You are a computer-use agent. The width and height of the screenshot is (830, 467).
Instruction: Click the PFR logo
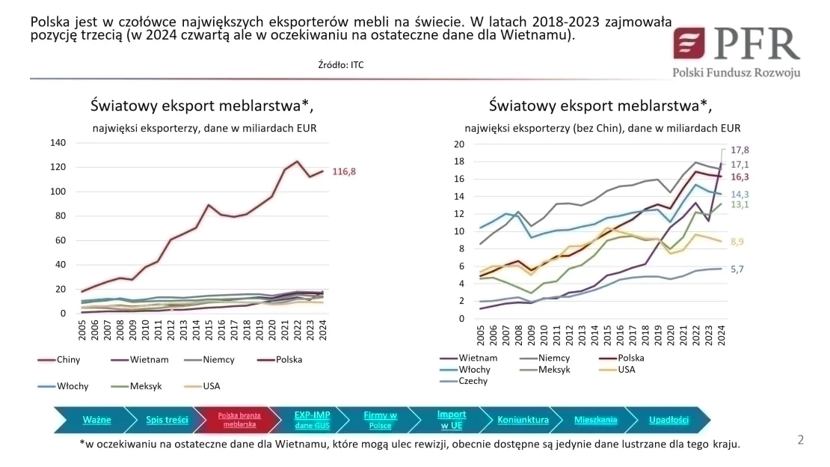(x=736, y=51)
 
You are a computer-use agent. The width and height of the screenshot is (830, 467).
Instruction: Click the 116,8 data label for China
(x=343, y=171)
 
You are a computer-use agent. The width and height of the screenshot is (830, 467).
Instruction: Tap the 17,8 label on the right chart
(x=740, y=150)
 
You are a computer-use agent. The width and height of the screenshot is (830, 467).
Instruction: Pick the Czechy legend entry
(x=473, y=380)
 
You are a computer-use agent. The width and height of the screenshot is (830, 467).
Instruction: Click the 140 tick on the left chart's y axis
(x=57, y=142)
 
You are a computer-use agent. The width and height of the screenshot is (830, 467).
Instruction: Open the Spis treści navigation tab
(x=166, y=420)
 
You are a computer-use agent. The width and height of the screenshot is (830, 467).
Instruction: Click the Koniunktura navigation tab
(x=523, y=420)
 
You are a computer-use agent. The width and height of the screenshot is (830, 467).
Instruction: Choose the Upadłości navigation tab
(x=668, y=420)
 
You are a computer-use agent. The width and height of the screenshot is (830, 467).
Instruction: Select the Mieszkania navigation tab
(x=595, y=420)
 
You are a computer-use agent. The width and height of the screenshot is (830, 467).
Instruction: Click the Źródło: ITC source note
(x=341, y=65)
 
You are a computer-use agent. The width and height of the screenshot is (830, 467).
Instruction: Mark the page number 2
(x=800, y=440)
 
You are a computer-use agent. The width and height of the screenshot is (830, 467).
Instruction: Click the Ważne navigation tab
(x=96, y=420)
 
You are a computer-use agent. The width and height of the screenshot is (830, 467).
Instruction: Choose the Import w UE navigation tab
(x=452, y=420)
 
